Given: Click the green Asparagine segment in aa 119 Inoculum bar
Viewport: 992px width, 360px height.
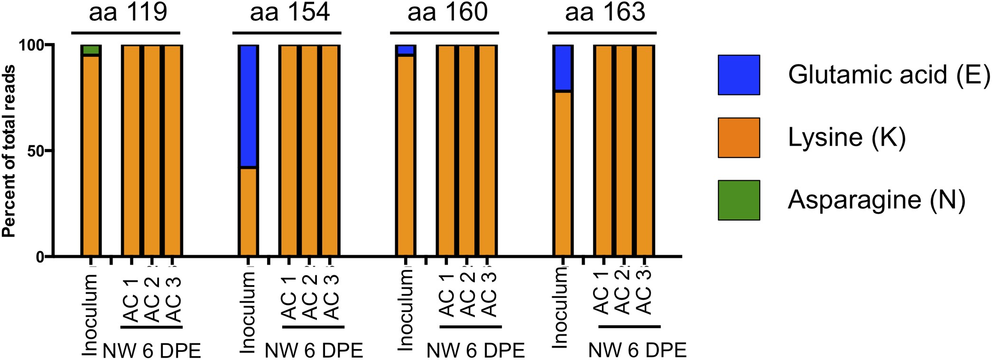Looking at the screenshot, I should tap(91, 50).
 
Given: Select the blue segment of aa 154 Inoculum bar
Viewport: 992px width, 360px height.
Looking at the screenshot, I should tap(248, 105).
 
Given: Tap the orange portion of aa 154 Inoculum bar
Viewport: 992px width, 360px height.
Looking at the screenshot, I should tap(248, 212).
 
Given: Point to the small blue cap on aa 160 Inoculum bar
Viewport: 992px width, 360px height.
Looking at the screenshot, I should tap(405, 50).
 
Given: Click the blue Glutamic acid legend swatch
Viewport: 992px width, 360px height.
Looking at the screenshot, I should tap(738, 75).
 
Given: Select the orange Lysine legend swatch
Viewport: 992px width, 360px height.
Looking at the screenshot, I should tap(738, 138).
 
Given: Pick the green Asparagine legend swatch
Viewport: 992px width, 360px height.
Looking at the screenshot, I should tap(738, 200).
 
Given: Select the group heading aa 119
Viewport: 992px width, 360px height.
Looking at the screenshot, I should tap(128, 12).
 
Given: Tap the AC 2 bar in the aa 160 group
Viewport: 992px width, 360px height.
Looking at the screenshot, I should tap(467, 151).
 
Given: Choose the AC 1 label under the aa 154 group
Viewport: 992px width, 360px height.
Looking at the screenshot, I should tap(289, 298).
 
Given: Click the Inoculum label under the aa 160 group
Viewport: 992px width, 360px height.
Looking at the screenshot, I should tap(406, 311).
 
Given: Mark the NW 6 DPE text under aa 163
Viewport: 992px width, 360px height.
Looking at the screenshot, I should tap(637, 351).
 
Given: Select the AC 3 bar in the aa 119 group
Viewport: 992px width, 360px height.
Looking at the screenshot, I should tap(173, 151).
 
